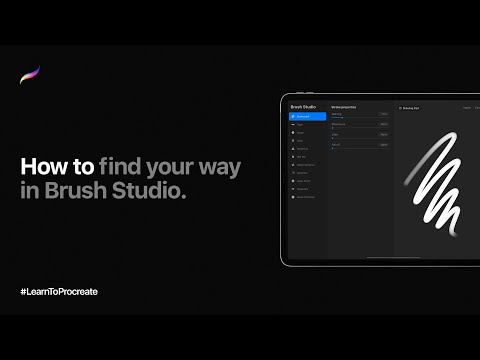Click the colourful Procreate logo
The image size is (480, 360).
(x=30, y=77)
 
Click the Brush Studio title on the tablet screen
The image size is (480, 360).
(x=303, y=106)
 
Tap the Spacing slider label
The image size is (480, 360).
(x=337, y=114)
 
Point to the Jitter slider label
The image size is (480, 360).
(x=335, y=135)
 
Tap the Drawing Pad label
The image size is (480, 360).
(x=409, y=107)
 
